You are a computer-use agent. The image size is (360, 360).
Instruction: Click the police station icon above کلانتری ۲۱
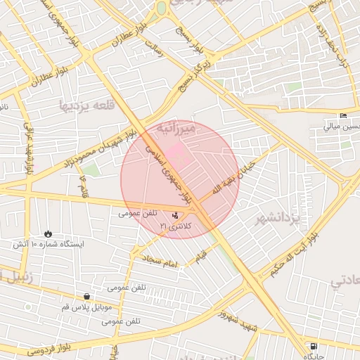click(x=175, y=215)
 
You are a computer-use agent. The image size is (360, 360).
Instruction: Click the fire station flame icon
click(x=47, y=233)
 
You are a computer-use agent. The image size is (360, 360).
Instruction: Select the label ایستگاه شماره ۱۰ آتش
click(x=47, y=244)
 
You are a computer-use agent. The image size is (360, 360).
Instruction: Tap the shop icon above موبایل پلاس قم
click(x=86, y=297)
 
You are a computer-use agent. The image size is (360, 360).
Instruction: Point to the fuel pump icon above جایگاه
click(x=314, y=347)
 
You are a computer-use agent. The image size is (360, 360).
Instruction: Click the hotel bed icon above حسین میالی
click(x=343, y=116)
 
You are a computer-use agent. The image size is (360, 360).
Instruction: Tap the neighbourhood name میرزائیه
click(x=173, y=129)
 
